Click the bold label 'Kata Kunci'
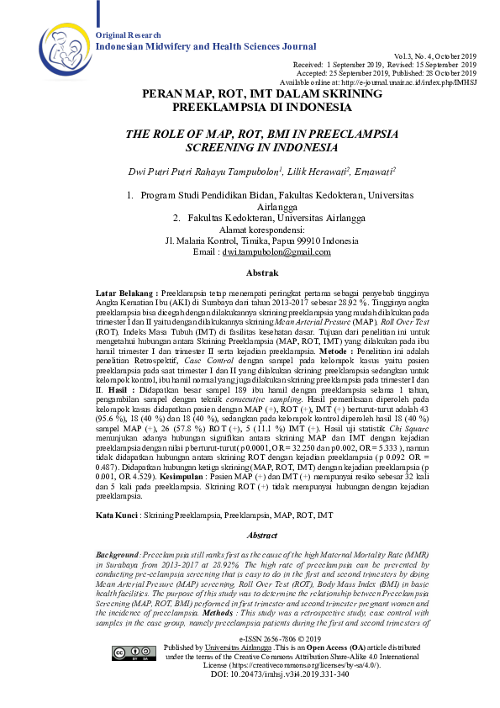coord(116,513)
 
